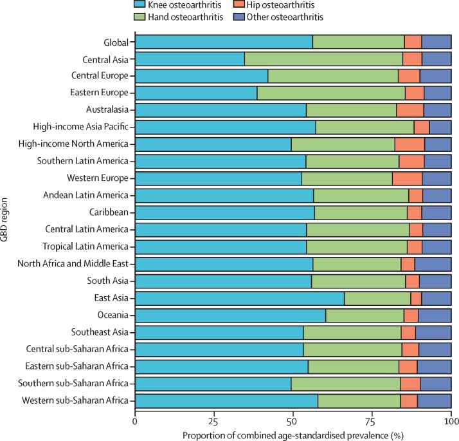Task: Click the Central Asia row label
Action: tap(104, 60)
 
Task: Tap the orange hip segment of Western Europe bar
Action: tap(407, 178)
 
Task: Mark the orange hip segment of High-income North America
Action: tap(410, 144)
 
